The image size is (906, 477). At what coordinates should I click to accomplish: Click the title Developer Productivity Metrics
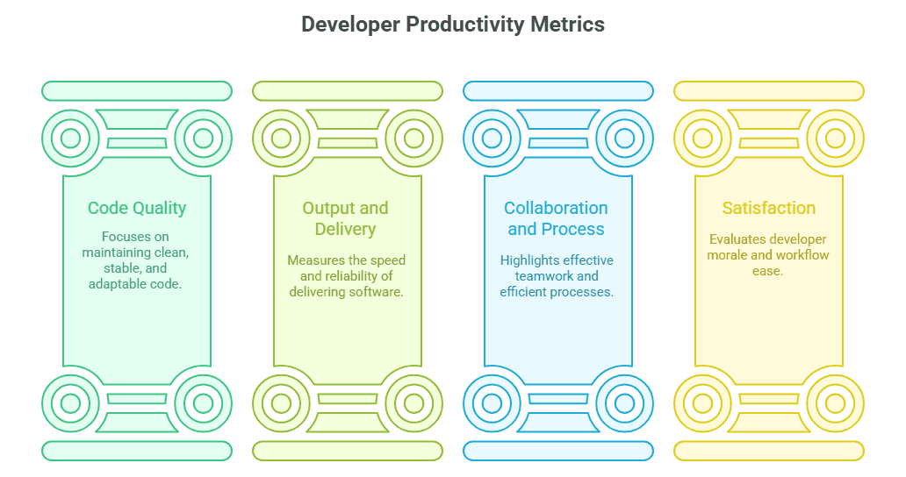453,25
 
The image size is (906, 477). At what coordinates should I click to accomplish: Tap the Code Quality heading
137,208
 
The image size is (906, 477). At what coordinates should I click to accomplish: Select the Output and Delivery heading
346,218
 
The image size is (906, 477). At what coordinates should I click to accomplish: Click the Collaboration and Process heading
556,218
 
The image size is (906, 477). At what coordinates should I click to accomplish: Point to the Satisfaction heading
769,208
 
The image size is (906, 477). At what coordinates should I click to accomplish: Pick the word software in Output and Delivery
377,291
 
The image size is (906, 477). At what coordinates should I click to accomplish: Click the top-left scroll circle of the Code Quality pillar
70,138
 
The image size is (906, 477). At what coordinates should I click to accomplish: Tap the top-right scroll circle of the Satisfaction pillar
835,138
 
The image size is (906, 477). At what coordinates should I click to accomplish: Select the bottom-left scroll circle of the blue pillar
492,403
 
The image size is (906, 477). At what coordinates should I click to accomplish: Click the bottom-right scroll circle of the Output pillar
413,403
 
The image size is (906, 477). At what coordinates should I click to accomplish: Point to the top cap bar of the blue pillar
558,90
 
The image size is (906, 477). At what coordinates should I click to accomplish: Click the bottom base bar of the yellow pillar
769,451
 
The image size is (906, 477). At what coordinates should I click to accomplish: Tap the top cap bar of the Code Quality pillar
137,90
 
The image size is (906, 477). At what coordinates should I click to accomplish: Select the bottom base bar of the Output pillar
348,451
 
